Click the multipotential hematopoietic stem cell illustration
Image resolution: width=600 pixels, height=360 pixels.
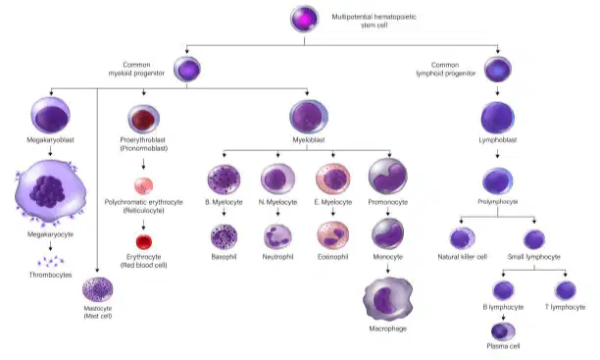point(305,19)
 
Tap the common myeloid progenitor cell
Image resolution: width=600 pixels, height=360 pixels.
point(187,69)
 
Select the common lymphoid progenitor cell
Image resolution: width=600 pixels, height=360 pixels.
point(498,70)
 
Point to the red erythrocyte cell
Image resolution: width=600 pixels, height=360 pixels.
point(144,241)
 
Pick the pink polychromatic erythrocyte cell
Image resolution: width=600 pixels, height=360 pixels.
point(143,186)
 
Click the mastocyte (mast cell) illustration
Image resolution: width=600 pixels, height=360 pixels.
point(98,289)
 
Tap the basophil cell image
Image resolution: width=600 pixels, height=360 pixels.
point(224,237)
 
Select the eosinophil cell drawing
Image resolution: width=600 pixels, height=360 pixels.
point(333,235)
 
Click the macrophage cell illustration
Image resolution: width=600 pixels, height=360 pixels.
point(388,299)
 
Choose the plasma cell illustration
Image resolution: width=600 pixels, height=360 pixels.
point(503,332)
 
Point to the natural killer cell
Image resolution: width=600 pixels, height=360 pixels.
point(462,238)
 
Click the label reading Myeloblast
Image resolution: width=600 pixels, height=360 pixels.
point(309,140)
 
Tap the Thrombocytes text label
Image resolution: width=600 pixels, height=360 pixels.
point(51,275)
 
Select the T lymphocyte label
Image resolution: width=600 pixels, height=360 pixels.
point(565,307)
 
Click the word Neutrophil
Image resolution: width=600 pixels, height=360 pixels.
point(277,257)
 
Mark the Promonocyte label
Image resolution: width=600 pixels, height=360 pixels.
point(388,202)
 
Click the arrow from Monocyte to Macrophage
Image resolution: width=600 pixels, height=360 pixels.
point(388,269)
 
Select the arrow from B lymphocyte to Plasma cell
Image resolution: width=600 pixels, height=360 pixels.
point(503,317)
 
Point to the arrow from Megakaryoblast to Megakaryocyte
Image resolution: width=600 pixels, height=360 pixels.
point(50,152)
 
